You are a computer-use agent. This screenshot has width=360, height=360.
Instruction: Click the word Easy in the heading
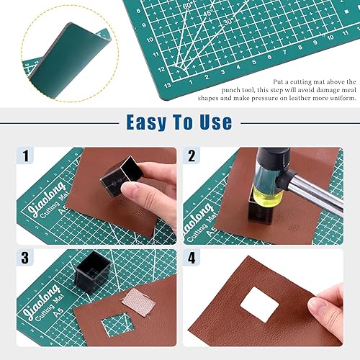149,122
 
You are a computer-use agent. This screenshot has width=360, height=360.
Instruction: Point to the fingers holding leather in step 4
328,302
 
